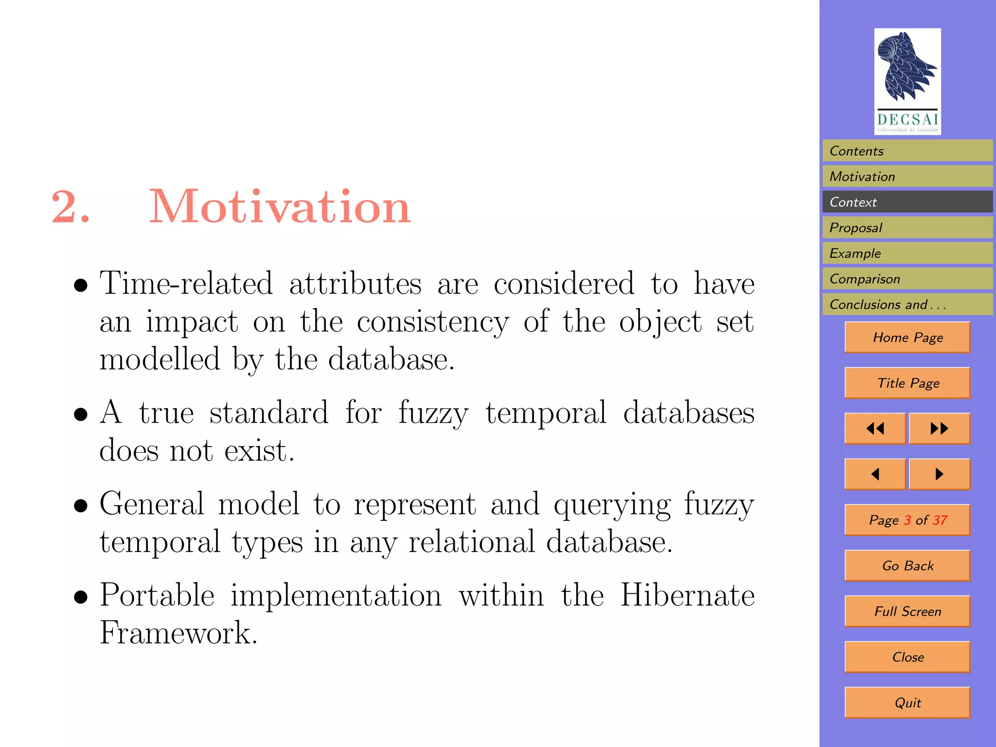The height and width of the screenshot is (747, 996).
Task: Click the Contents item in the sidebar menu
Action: (x=907, y=151)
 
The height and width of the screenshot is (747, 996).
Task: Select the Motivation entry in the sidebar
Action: (x=907, y=177)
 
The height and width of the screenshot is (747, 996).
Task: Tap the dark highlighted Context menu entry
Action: (x=907, y=202)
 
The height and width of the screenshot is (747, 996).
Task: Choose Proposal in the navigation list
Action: (x=907, y=228)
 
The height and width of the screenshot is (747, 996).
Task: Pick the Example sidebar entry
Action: (x=907, y=253)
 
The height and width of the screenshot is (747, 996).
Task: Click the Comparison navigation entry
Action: (x=907, y=279)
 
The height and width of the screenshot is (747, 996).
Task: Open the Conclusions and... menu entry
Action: (x=907, y=304)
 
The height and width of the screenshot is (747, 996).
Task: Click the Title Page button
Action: (x=907, y=383)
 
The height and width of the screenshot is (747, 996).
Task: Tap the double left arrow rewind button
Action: (x=875, y=428)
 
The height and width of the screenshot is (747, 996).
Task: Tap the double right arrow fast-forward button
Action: (x=939, y=428)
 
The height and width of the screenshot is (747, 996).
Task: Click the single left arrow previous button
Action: (x=875, y=474)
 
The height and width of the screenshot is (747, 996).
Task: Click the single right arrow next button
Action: (x=939, y=474)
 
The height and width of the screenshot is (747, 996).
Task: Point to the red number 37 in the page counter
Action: (x=940, y=520)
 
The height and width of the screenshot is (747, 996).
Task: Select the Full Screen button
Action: (x=907, y=611)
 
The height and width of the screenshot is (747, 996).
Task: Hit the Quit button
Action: (x=907, y=703)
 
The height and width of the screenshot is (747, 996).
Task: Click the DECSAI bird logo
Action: (x=907, y=81)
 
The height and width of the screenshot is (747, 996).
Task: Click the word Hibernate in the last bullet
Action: (x=687, y=595)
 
